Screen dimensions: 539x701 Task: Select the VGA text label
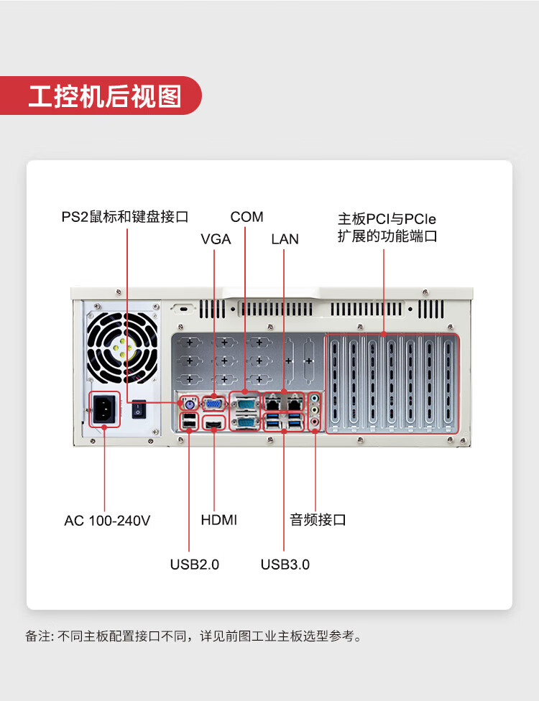pos(216,239)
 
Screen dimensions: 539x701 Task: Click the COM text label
pos(247,217)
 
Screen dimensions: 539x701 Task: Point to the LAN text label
pos(285,239)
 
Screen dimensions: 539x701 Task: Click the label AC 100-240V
pos(107,521)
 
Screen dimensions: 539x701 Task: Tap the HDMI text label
pos(218,520)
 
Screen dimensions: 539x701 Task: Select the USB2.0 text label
pos(194,565)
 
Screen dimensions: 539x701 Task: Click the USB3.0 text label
pos(285,565)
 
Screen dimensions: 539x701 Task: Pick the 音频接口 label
pos(318,520)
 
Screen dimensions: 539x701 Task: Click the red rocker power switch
pos(139,409)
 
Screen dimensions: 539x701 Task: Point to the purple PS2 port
pos(188,404)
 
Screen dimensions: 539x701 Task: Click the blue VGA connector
pos(214,404)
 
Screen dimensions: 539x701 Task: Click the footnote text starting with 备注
pos(193,636)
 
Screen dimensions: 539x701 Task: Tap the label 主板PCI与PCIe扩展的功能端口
pos(387,227)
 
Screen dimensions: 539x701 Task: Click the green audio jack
pos(315,398)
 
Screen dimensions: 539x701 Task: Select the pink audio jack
pos(315,422)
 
